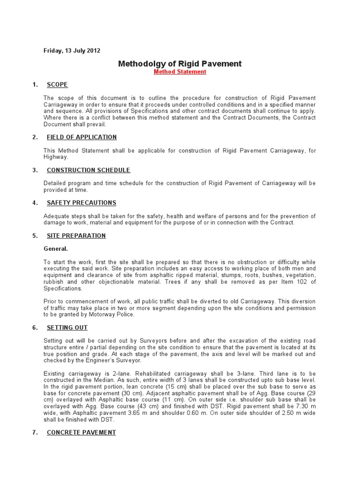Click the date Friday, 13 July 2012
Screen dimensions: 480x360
tap(72, 51)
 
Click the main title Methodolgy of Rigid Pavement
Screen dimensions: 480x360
tap(180, 63)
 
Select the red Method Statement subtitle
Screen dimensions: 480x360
tap(180, 72)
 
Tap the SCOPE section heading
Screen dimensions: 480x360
tap(57, 85)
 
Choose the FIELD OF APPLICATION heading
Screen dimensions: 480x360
tap(82, 137)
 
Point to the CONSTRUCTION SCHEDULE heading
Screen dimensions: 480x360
tap(89, 170)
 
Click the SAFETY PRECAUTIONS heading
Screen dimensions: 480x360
tap(82, 203)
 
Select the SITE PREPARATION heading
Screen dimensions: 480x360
tap(76, 236)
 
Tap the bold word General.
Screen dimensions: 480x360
tap(55, 249)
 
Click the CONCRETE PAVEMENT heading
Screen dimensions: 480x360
tap(81, 432)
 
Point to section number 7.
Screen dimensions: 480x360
tap(35, 432)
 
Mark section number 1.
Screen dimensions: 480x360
tap(35, 85)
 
